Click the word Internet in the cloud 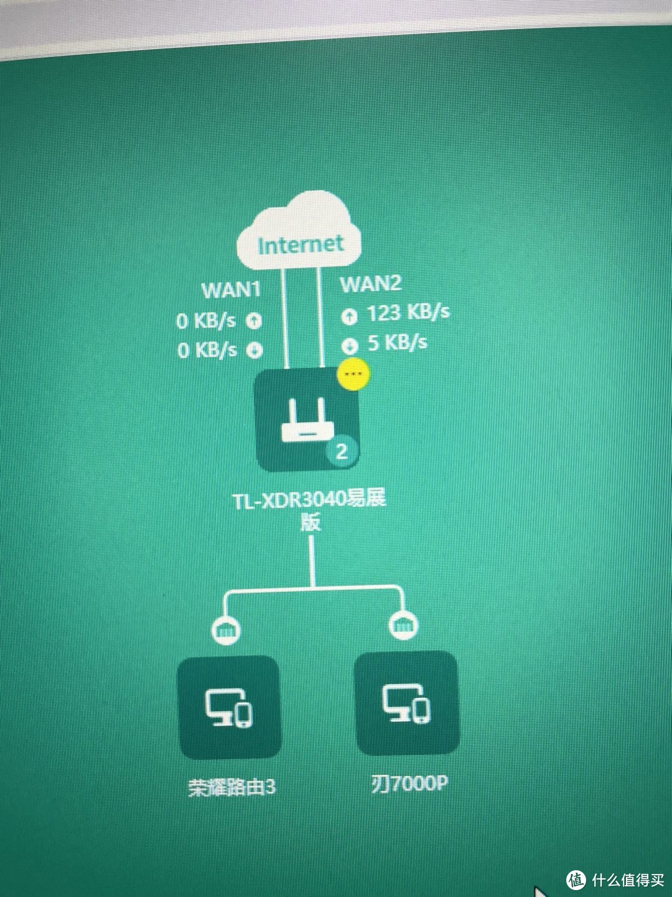300,244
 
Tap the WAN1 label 231,290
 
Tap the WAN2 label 370,284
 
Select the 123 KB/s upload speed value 408,312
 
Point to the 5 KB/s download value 397,342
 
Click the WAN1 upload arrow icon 253,321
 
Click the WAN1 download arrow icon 254,350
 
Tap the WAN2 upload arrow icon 349,317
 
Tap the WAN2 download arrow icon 349,345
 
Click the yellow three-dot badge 353,374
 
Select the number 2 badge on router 342,451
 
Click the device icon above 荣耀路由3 229,707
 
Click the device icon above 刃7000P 406,703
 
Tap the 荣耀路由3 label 231,787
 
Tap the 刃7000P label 409,782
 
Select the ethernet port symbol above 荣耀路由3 225,631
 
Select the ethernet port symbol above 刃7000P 403,625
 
